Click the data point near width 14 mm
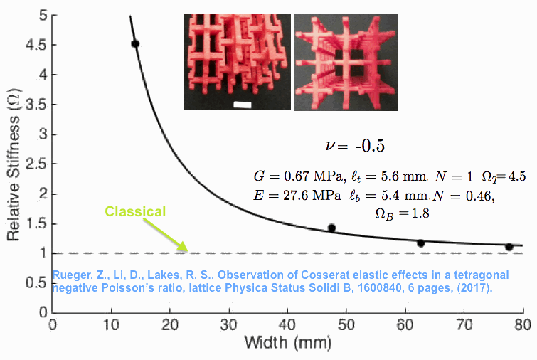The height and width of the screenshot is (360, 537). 135,44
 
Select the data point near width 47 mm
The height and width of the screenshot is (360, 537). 331,228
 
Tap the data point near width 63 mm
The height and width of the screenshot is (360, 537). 420,243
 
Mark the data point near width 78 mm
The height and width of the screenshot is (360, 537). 509,246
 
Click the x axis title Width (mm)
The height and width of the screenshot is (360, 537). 287,343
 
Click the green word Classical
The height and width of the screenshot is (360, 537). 135,211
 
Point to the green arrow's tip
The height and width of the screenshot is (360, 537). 188,250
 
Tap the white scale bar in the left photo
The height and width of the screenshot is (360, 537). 243,105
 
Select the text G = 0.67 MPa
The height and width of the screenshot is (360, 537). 287,175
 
